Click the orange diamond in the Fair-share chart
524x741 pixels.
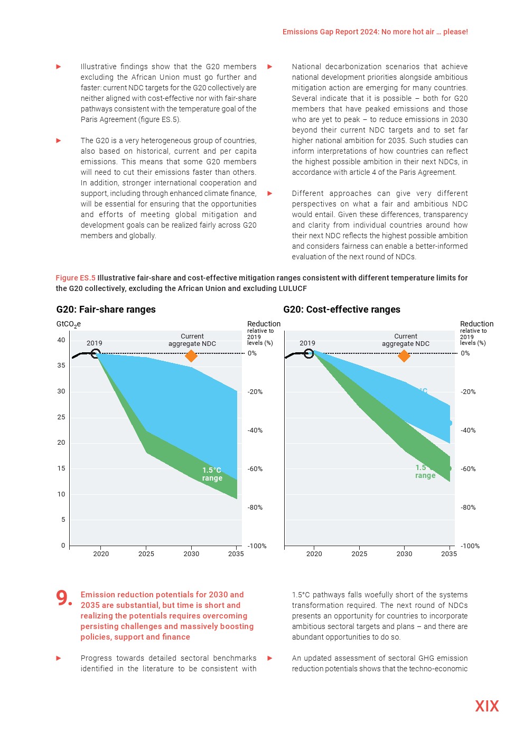point(191,356)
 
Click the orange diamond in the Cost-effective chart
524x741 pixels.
point(404,356)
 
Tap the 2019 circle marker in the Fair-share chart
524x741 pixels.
point(95,353)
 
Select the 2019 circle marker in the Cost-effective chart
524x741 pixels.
point(308,353)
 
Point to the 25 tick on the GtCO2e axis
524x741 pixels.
point(61,417)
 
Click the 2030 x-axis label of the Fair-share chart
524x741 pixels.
point(191,554)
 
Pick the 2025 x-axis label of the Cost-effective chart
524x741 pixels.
point(359,554)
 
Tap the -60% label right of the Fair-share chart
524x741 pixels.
point(255,469)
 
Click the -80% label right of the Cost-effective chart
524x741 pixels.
point(468,508)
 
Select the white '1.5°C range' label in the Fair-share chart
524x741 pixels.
point(212,474)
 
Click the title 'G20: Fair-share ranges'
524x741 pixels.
point(106,309)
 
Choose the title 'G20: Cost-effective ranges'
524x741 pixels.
point(342,309)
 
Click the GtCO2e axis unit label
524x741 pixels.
point(69,324)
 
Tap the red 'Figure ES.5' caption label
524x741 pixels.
point(76,278)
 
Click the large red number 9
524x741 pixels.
point(63,598)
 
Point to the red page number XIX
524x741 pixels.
point(486,706)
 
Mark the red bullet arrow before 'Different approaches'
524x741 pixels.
point(270,193)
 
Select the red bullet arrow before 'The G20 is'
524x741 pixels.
point(59,140)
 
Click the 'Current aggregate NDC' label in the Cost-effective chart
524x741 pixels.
point(406,340)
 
